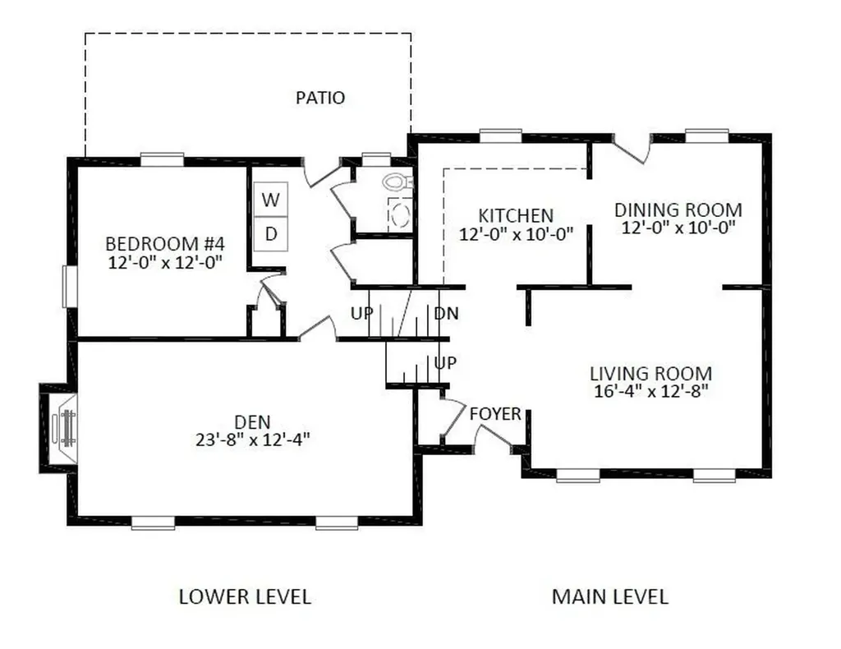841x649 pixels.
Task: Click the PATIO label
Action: click(x=320, y=98)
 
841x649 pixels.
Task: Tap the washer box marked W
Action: click(x=271, y=200)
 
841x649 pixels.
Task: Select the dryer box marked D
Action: click(x=271, y=234)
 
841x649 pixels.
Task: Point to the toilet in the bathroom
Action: click(x=398, y=182)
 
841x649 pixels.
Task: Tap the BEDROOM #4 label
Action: click(x=164, y=244)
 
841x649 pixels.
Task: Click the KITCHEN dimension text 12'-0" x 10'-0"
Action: click(x=516, y=234)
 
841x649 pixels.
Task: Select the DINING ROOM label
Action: click(x=678, y=209)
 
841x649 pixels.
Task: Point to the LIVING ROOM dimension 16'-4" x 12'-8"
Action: click(x=651, y=391)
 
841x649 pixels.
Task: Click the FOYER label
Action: click(x=495, y=414)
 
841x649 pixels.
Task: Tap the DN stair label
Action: click(x=446, y=313)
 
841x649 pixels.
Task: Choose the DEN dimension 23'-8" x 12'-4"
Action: click(x=253, y=440)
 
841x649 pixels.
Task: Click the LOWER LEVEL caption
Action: click(x=245, y=597)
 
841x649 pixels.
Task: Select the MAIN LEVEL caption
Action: click(x=610, y=597)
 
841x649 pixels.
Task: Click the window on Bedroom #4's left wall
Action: click(x=71, y=287)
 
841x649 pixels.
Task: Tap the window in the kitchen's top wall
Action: click(x=500, y=136)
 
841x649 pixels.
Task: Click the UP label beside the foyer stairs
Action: click(x=444, y=363)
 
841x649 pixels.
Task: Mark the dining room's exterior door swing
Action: click(x=632, y=149)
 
